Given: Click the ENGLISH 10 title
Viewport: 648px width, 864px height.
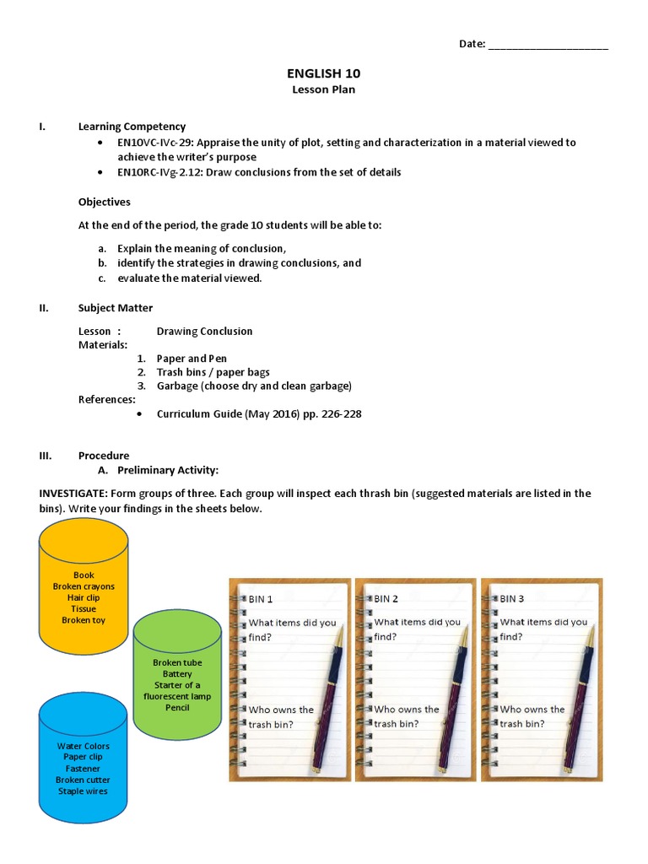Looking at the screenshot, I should point(324,74).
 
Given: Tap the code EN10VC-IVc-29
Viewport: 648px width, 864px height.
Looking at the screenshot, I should point(154,143).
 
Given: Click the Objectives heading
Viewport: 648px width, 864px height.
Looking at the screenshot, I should point(105,202).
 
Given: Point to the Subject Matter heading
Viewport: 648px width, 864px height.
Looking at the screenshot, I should point(116,308).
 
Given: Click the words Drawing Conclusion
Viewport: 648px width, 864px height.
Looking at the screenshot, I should point(204,332).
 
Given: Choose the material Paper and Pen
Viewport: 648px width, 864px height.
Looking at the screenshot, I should point(192,359).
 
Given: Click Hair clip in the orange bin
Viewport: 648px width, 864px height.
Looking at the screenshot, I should point(84,597).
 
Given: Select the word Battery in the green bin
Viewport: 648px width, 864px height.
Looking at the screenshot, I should point(177,674).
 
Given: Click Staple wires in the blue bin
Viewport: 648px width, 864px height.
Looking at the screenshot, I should point(83,791).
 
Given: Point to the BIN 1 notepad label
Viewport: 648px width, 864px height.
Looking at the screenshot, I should point(261,599).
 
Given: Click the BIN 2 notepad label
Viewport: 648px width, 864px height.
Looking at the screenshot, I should point(386,599).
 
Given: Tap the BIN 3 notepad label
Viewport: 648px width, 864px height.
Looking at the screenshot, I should point(512,599).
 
